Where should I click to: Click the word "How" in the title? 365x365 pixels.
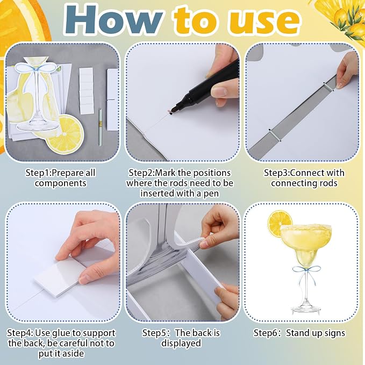(113, 20)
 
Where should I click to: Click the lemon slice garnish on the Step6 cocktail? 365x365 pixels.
(280, 224)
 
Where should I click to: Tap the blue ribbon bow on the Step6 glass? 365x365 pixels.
(306, 270)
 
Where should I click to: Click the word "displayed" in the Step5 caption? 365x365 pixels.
(181, 343)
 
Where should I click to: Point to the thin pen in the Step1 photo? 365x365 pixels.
(101, 127)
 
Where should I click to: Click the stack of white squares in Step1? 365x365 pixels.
(87, 91)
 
